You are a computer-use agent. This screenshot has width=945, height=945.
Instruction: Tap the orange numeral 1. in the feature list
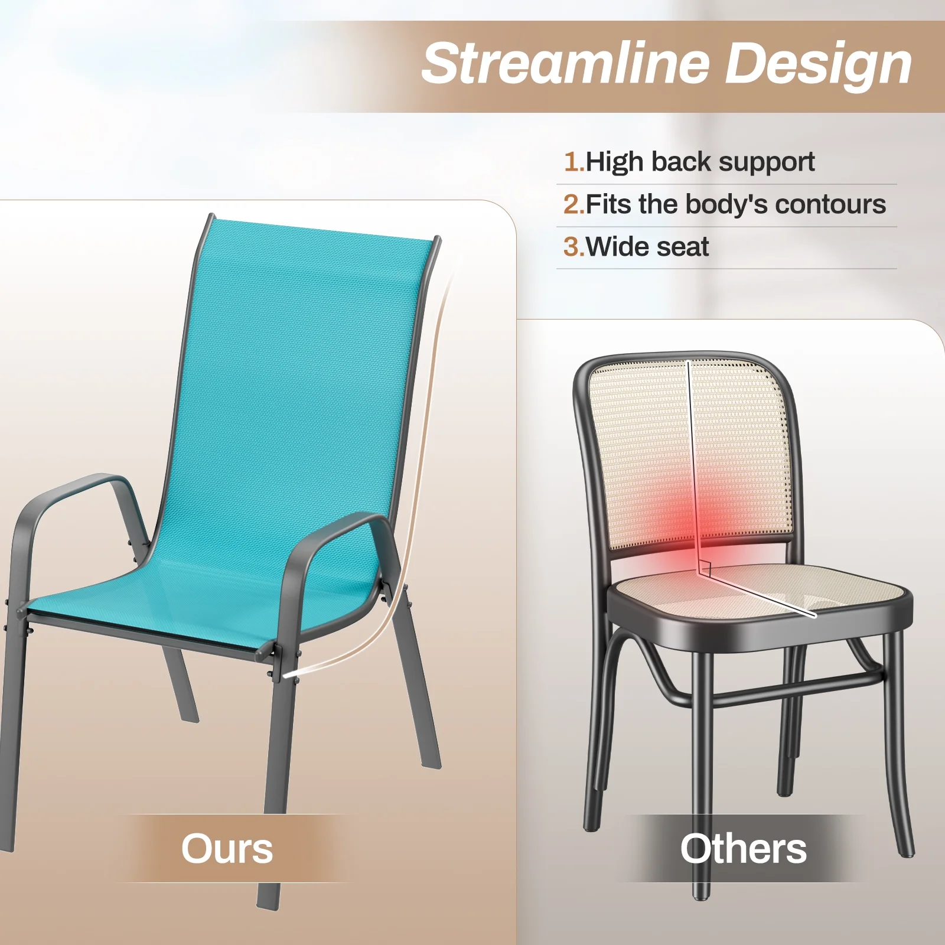(573, 162)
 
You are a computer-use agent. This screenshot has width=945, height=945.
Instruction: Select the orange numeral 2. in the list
(573, 204)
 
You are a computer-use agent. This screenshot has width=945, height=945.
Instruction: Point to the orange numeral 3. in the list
(573, 247)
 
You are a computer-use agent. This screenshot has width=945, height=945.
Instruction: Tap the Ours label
(227, 849)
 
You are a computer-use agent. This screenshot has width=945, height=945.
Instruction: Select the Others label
(743, 849)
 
